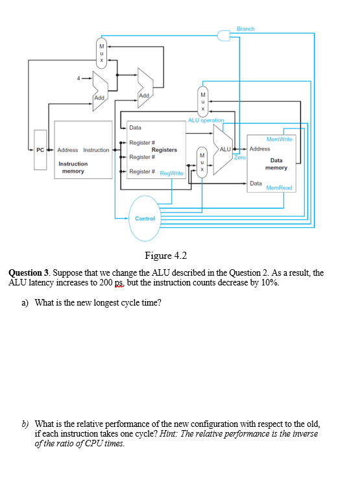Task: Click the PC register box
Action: click(40, 150)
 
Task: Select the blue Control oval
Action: click(145, 219)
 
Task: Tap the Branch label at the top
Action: click(245, 29)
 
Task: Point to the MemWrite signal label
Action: click(279, 139)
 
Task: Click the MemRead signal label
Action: click(279, 188)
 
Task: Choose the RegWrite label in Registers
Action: click(171, 173)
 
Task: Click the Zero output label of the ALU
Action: click(240, 157)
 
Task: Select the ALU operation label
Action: click(206, 120)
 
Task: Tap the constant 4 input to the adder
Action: click(78, 78)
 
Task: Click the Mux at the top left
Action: click(101, 53)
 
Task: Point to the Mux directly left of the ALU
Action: click(202, 162)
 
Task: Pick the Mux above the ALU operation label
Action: click(203, 102)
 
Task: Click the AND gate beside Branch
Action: click(223, 35)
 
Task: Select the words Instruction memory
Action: click(73, 167)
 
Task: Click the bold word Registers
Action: click(164, 150)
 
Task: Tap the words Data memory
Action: click(276, 164)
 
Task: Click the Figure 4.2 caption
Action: click(166, 256)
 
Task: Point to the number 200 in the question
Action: click(106, 282)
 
